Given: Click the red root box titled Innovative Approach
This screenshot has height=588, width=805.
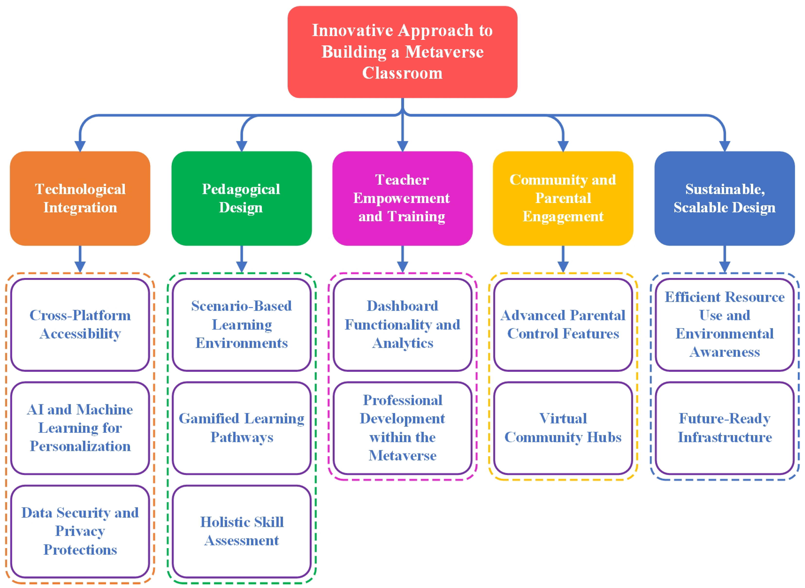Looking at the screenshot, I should [x=402, y=52].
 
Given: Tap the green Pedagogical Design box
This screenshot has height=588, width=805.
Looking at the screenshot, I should [x=241, y=198].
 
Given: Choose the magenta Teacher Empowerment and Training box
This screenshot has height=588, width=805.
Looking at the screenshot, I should [x=402, y=198].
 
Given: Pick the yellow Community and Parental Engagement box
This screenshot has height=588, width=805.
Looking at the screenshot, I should [x=563, y=198].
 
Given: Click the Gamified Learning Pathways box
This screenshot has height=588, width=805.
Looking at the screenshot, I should [x=241, y=428].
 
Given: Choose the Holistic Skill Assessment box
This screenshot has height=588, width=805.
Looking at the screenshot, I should [x=241, y=531].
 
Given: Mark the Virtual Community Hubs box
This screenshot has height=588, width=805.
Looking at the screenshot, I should [x=563, y=428].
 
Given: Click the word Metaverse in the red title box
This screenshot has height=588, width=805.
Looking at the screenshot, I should [x=444, y=52].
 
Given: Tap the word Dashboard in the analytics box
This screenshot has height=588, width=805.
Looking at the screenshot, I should [x=402, y=306].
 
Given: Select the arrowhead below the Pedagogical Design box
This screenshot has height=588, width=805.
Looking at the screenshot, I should [x=241, y=267].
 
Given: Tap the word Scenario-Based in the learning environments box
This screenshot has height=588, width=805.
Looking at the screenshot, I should [x=241, y=306].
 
